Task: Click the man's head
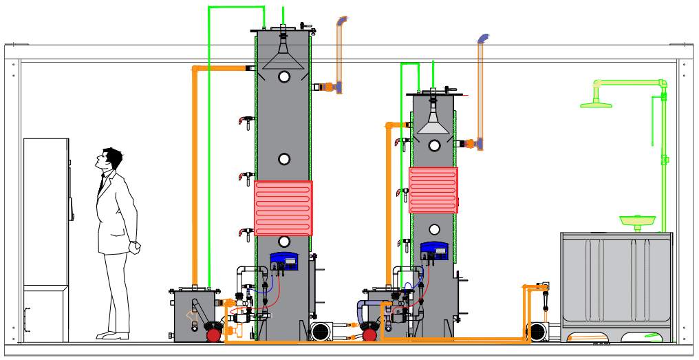pos(109,159)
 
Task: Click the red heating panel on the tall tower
pos(283,208)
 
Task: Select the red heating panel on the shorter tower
pos(433,190)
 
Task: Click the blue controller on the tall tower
pos(283,260)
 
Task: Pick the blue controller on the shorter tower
pos(434,251)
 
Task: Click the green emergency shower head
pos(596,104)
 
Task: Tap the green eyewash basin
pos(637,220)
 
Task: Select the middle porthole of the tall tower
pos(284,159)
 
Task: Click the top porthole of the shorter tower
pos(434,145)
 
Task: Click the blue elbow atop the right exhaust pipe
pos(484,39)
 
